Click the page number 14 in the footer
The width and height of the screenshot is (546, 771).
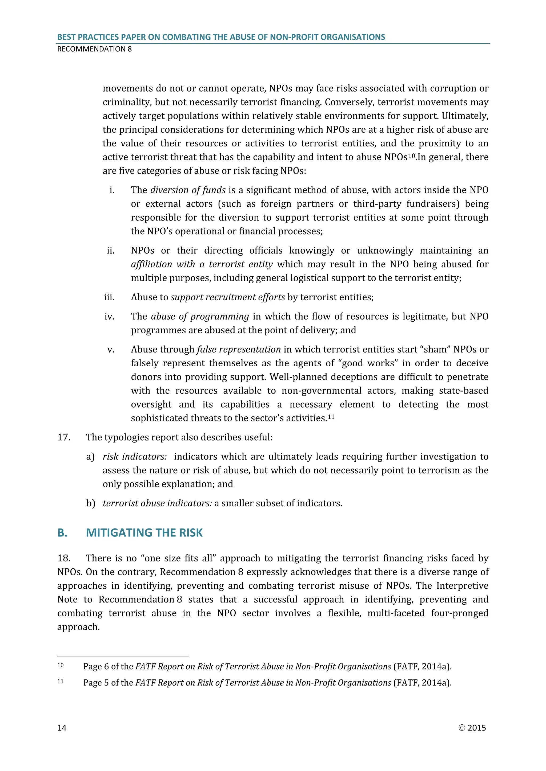(x=62, y=728)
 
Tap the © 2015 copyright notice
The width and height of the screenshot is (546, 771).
(x=472, y=728)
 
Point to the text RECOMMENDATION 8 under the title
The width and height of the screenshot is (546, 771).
(x=94, y=49)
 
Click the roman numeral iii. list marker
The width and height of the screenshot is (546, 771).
(x=109, y=297)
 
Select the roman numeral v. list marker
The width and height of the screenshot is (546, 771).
(x=111, y=350)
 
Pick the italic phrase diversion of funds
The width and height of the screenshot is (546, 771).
(x=188, y=190)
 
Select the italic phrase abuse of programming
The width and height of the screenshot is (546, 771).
(x=200, y=317)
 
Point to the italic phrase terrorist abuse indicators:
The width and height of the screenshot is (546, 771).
(x=157, y=503)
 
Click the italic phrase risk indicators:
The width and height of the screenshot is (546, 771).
(x=135, y=457)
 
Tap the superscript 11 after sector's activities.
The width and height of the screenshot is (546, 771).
(x=331, y=417)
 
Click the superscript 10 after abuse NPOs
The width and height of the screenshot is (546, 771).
(x=412, y=155)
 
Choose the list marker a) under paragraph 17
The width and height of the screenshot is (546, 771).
(x=90, y=457)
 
